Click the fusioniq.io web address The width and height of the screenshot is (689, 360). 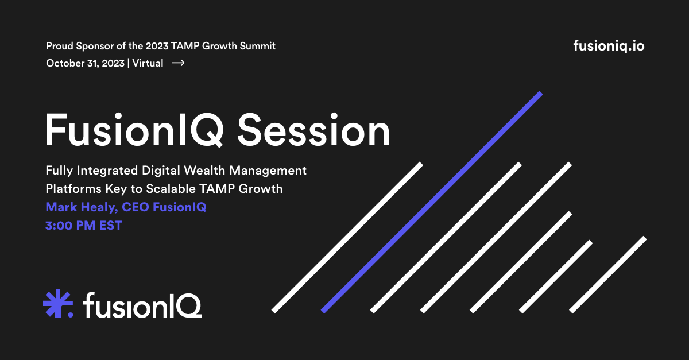(x=609, y=46)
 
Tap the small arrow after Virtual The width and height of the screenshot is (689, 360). (x=178, y=63)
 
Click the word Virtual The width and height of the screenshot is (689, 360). (x=148, y=63)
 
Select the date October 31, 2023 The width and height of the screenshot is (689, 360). (x=85, y=63)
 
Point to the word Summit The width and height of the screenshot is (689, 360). (x=257, y=46)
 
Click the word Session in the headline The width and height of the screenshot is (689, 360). (x=313, y=130)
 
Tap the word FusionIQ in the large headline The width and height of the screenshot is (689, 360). (x=134, y=130)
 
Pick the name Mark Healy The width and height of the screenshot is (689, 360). (x=82, y=207)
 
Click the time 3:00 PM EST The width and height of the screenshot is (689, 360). (x=84, y=226)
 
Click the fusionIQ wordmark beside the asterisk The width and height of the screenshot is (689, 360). (x=143, y=305)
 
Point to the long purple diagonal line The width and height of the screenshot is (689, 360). (x=432, y=202)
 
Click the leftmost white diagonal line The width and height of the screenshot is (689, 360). (x=347, y=238)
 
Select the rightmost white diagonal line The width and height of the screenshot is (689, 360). (x=608, y=275)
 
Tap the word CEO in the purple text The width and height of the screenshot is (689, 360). (x=136, y=207)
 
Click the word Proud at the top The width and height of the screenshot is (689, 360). (x=60, y=46)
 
